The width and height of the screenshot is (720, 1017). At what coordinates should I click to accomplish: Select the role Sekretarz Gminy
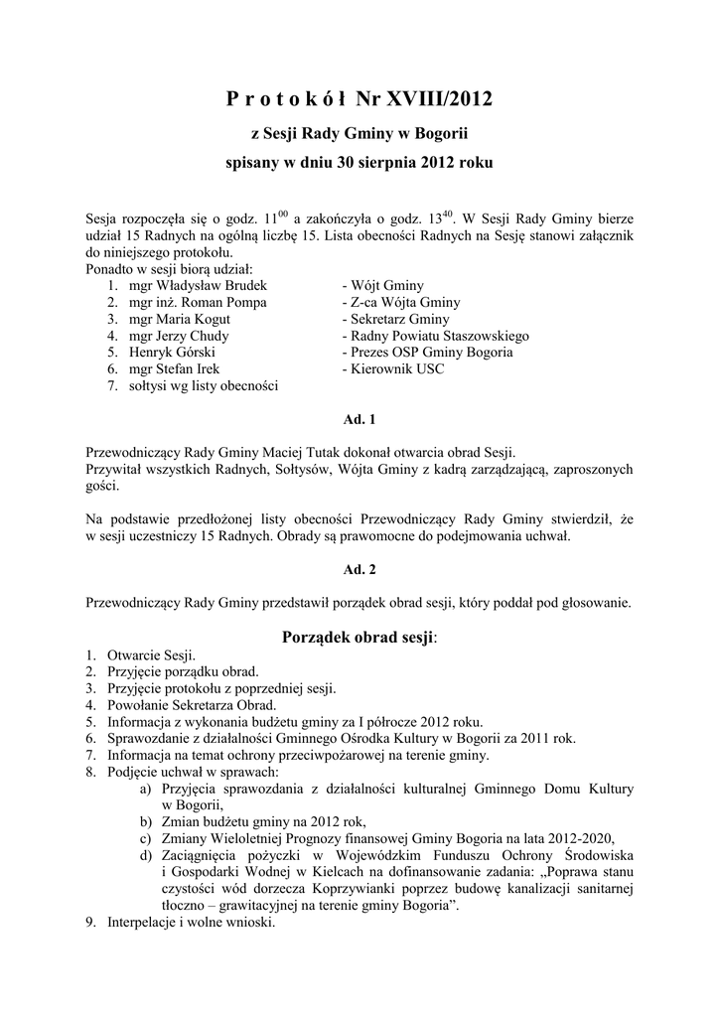point(398,319)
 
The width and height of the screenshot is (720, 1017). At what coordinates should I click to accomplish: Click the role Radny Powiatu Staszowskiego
point(438,336)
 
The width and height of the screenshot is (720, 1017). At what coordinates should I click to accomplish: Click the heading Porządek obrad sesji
point(359,637)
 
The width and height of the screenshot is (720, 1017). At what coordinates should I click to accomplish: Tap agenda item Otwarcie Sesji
point(151,655)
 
